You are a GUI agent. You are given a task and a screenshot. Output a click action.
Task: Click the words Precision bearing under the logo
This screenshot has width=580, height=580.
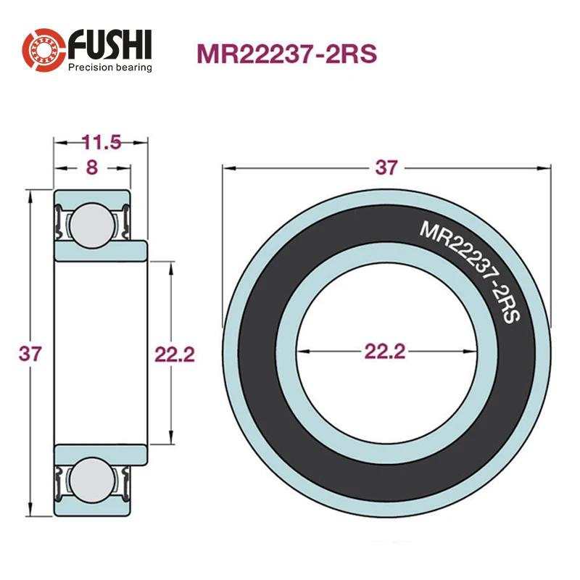(110, 67)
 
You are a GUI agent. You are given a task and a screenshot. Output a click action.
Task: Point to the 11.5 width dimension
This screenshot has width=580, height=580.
(100, 142)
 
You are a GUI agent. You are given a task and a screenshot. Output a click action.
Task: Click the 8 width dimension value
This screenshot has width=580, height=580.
(92, 167)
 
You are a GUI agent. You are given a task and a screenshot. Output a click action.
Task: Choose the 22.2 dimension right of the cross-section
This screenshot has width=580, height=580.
(175, 354)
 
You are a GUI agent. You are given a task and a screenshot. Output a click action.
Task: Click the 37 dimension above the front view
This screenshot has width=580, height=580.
(386, 167)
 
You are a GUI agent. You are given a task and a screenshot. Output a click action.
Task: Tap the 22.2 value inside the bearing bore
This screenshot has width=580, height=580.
(384, 352)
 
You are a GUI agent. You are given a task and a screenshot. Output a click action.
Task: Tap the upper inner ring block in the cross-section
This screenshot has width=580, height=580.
(101, 251)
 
